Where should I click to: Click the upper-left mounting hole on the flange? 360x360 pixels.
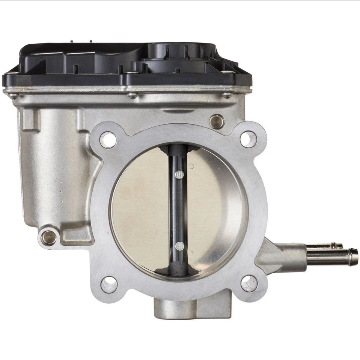pyautogui.click(x=108, y=140)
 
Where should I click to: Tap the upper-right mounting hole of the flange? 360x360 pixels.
pyautogui.click(x=248, y=139)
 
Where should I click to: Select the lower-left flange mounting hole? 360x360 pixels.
pyautogui.click(x=109, y=285)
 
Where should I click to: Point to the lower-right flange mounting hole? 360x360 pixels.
pyautogui.click(x=249, y=283)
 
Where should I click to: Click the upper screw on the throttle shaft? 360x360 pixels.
pyautogui.click(x=179, y=174)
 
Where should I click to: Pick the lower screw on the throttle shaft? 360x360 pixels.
pyautogui.click(x=180, y=246)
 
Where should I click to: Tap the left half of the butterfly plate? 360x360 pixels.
pyautogui.click(x=141, y=210)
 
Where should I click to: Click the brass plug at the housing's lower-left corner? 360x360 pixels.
pyautogui.click(x=49, y=237)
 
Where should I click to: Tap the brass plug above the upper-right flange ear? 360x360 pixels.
pyautogui.click(x=217, y=121)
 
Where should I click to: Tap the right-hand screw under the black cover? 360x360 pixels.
pyautogui.click(x=227, y=95)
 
